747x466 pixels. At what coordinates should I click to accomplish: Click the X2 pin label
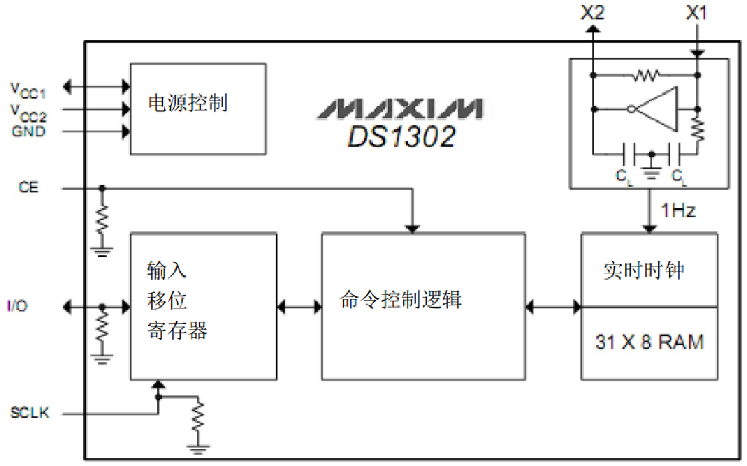coord(592,13)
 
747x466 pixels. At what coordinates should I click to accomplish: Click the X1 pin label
coord(696,13)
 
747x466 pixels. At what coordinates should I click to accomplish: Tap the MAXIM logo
coord(400,109)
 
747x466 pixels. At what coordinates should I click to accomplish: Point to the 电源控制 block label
coord(187,102)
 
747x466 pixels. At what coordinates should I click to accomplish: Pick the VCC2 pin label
coord(28,111)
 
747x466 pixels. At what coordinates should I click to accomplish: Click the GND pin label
coord(28,132)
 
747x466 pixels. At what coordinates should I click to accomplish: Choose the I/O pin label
coord(17,307)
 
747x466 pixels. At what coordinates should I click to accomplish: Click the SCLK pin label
coord(30,413)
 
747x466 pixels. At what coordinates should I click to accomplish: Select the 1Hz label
coord(677,211)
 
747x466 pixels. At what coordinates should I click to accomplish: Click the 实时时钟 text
coord(643,270)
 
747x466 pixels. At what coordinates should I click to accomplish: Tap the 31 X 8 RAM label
coord(649,342)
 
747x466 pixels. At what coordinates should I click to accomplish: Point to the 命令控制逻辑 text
coord(400,299)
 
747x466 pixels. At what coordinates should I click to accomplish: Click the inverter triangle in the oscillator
coord(659,109)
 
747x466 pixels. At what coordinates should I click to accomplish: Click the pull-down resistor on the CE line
coord(102,220)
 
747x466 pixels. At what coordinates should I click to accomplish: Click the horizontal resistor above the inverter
coord(645,76)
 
